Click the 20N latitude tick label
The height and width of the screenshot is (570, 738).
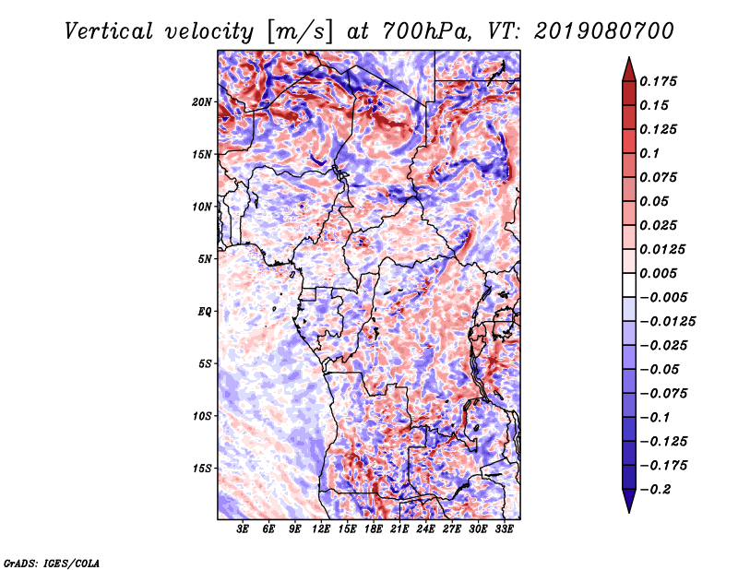(x=202, y=102)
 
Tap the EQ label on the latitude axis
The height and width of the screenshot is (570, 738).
(x=205, y=312)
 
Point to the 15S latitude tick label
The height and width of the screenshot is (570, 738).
(x=202, y=469)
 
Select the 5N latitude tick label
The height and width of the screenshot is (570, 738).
(x=205, y=259)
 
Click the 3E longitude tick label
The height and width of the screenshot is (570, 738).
(x=243, y=528)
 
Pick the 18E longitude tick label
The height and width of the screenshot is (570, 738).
(x=374, y=528)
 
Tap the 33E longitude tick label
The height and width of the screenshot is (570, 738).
(x=504, y=528)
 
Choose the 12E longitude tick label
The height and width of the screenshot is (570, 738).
(x=321, y=528)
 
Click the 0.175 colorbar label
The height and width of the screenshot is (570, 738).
(x=659, y=81)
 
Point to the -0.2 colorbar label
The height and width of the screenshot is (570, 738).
(x=655, y=490)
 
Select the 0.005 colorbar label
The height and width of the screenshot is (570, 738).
(x=659, y=273)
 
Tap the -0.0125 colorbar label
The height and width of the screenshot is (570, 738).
(x=667, y=322)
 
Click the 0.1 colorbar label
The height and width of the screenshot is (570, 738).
(x=649, y=153)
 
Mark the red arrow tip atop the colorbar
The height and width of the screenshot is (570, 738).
(x=629, y=57)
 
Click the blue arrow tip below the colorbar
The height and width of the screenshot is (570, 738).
(x=629, y=512)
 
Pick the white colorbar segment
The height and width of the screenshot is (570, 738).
(x=629, y=285)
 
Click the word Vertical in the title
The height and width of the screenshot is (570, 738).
(x=109, y=31)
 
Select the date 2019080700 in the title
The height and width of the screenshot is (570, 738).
(x=604, y=31)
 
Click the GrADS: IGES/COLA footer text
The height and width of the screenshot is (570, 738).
(x=52, y=563)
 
